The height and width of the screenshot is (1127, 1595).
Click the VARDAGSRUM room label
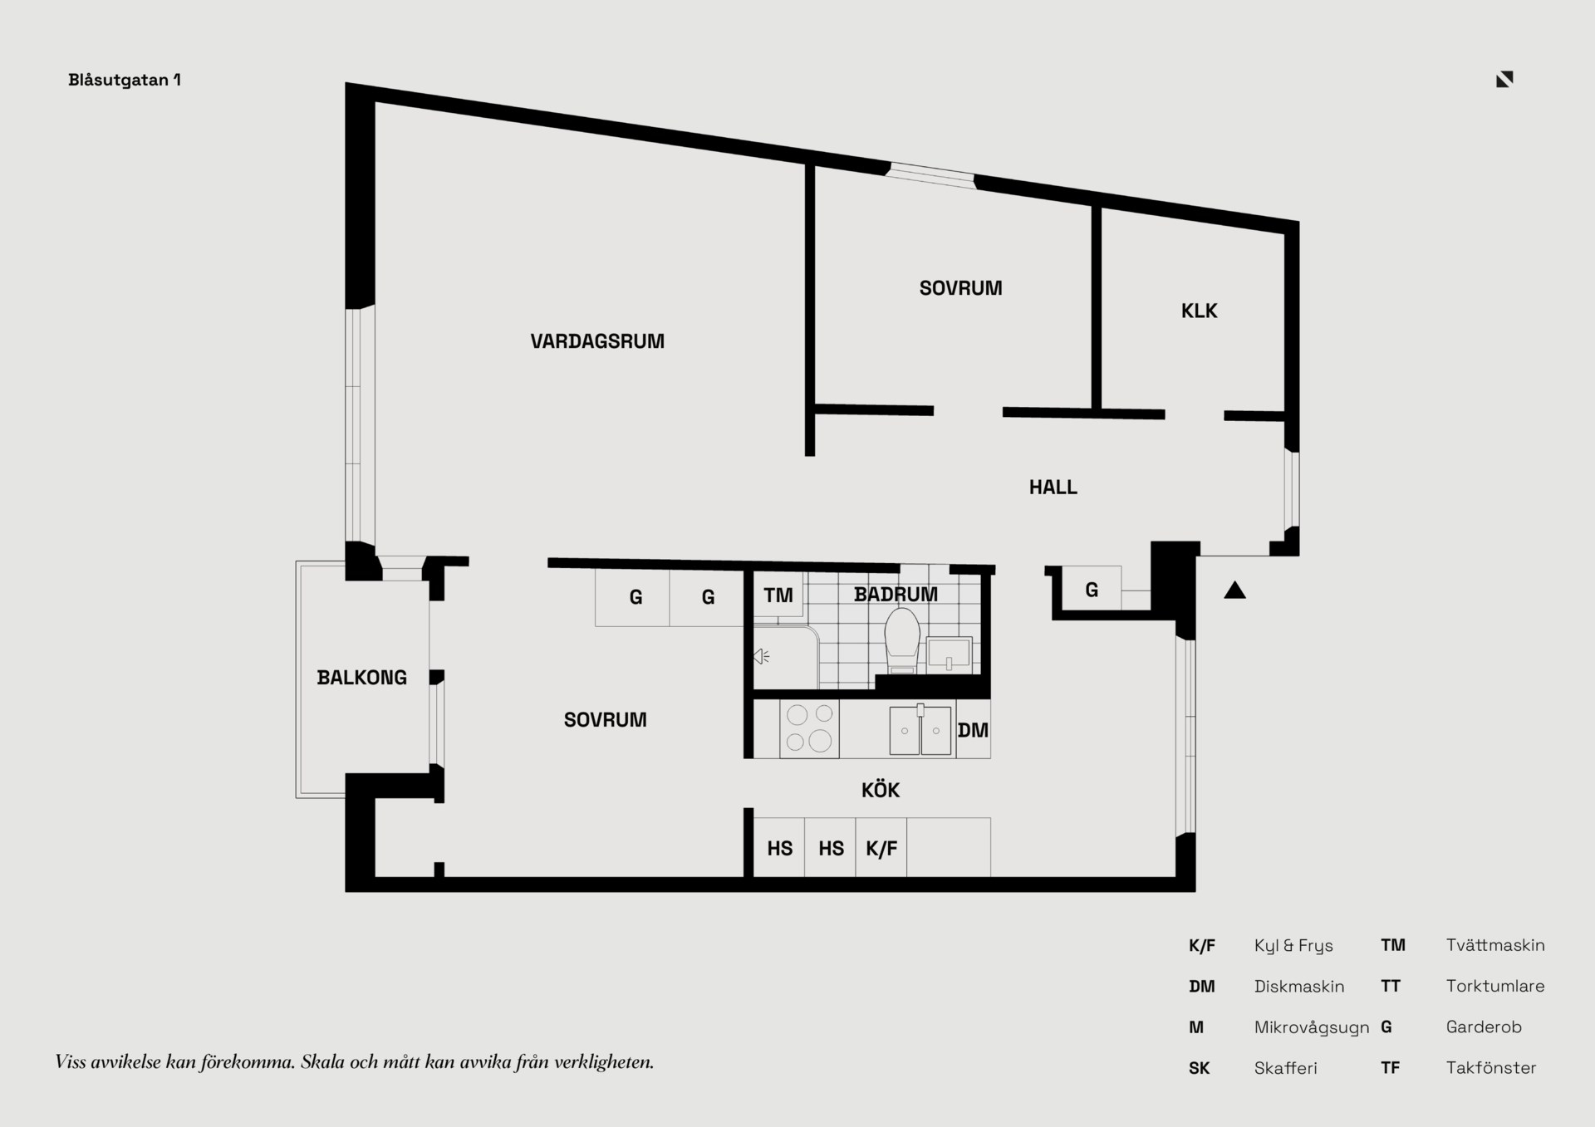(x=597, y=341)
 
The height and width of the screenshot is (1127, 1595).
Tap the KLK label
(x=1199, y=311)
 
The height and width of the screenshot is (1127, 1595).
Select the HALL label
(x=1053, y=488)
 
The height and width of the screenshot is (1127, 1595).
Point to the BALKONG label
(x=362, y=678)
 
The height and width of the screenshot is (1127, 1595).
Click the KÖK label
(x=881, y=789)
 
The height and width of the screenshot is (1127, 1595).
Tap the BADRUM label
(x=896, y=595)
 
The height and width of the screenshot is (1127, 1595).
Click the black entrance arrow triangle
(x=1234, y=590)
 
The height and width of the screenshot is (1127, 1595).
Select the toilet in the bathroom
(x=902, y=640)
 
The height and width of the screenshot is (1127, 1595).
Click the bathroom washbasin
(x=949, y=653)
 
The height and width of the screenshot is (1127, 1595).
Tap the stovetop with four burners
(x=809, y=728)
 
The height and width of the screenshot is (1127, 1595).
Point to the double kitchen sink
(x=920, y=730)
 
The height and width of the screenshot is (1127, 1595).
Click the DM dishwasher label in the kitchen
(x=973, y=730)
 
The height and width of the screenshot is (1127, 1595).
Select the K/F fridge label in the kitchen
(x=881, y=848)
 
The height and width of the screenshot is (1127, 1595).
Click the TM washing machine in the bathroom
(x=778, y=595)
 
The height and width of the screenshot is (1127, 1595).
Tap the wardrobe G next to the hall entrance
(x=1092, y=590)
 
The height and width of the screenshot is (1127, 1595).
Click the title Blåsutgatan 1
(x=125, y=80)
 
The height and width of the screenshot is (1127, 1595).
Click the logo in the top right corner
(x=1504, y=79)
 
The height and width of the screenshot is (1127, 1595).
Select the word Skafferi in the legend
(x=1285, y=1068)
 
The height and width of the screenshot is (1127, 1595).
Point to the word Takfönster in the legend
(x=1491, y=1068)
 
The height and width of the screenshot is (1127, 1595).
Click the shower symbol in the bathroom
(x=762, y=657)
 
